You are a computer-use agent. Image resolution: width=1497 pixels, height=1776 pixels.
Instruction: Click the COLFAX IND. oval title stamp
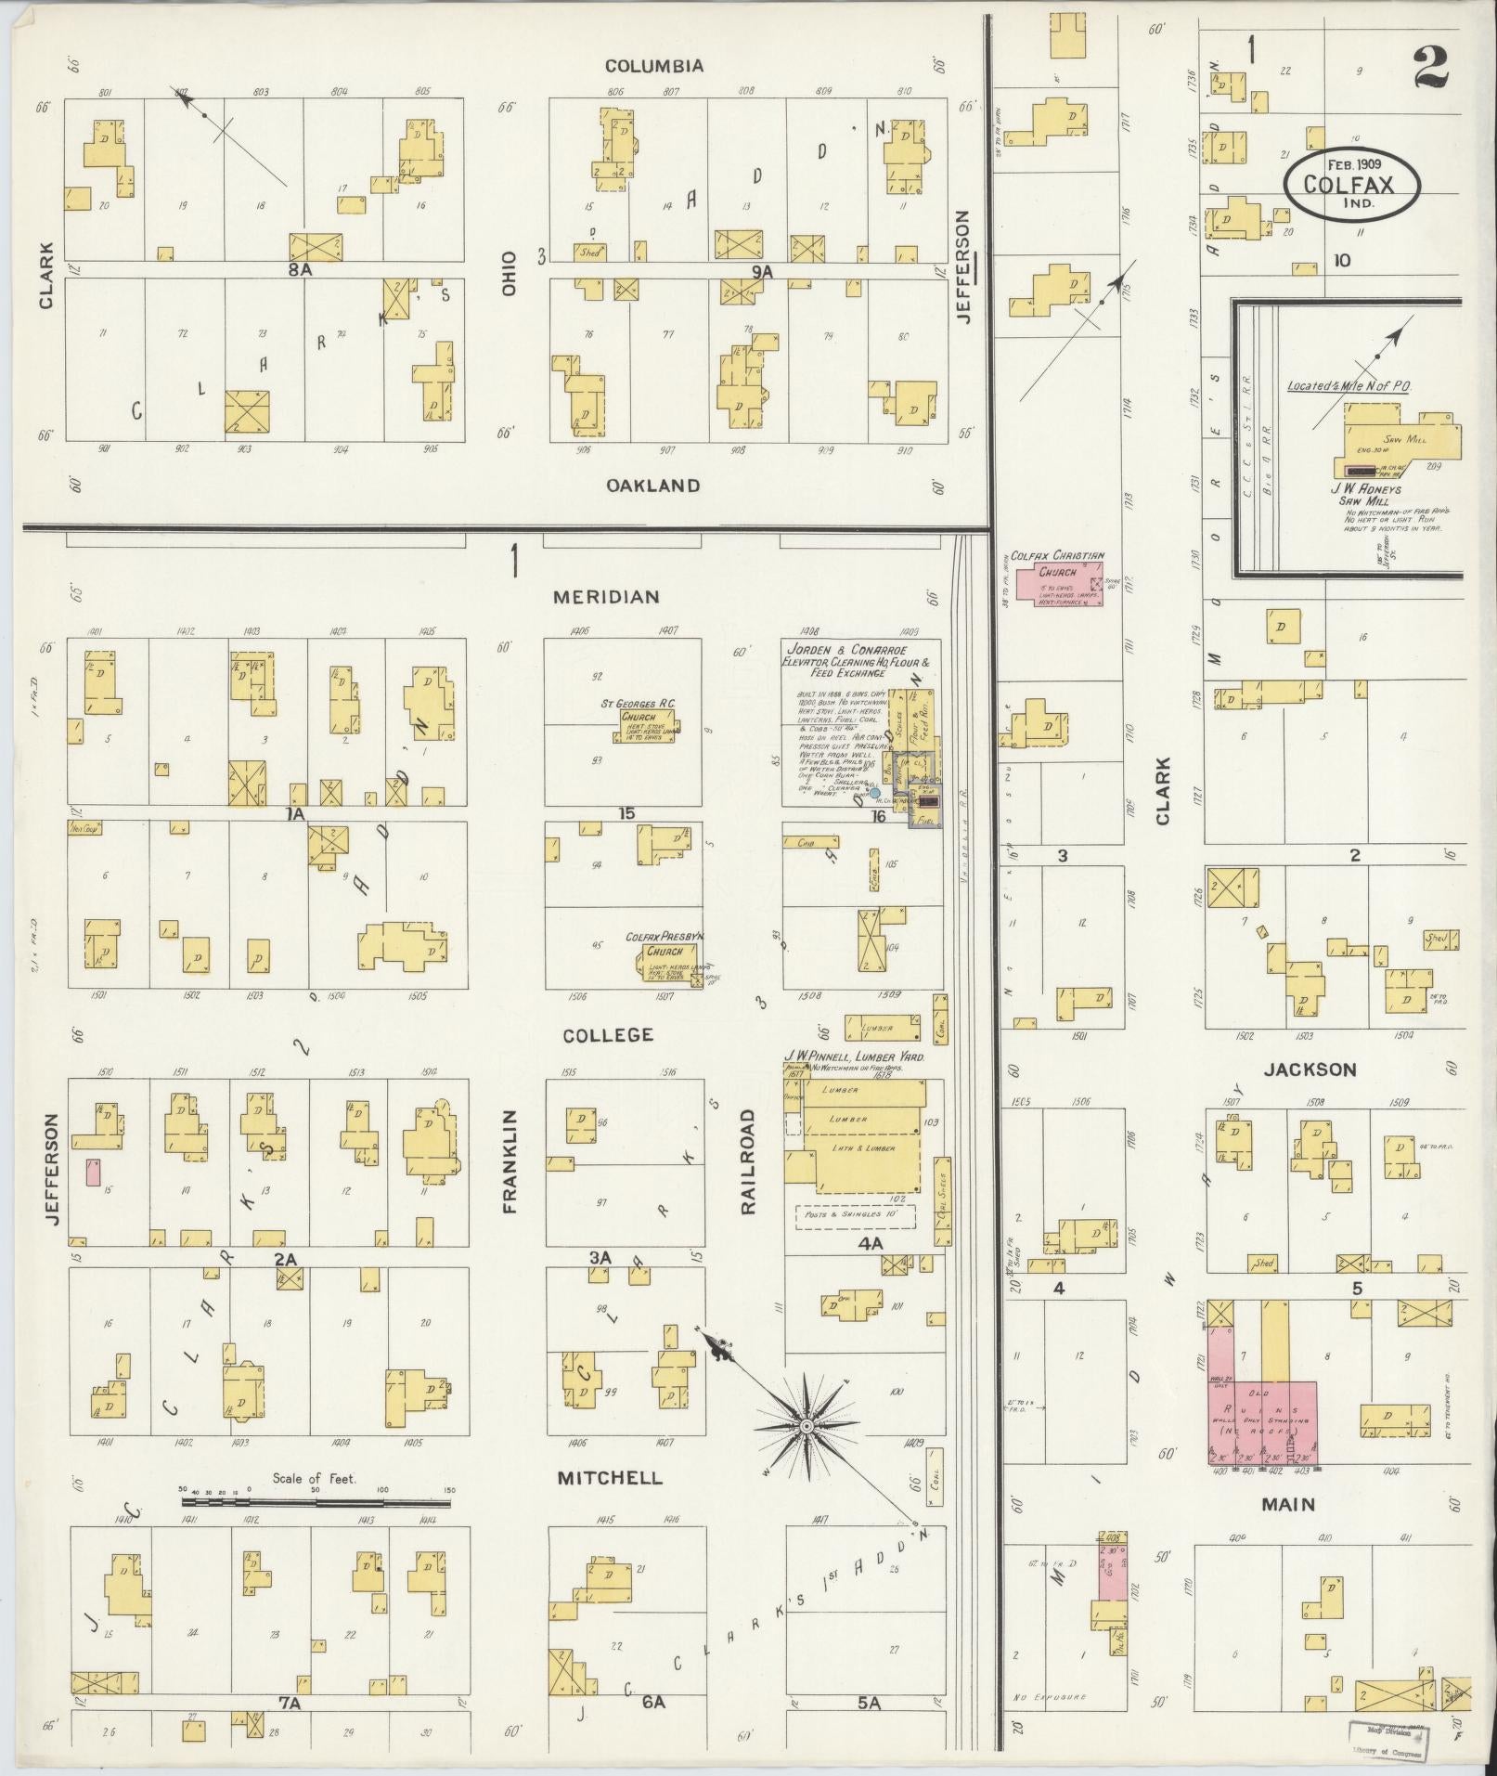click(x=1352, y=184)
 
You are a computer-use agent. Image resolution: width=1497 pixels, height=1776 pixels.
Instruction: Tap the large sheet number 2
click(x=1433, y=67)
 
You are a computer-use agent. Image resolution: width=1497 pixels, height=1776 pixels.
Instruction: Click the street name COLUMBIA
click(x=653, y=66)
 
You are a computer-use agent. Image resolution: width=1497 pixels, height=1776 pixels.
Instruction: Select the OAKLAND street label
click(x=653, y=485)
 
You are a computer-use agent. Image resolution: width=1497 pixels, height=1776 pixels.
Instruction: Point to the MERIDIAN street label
click(x=606, y=597)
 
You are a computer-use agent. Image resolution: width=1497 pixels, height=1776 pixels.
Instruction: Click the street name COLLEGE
click(x=608, y=1034)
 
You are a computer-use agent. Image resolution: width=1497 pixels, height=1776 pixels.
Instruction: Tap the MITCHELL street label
click(x=610, y=1477)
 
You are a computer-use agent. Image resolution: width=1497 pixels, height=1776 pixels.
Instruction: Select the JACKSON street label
click(x=1310, y=1069)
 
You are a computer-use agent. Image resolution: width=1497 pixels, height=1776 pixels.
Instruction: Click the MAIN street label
click(x=1288, y=1504)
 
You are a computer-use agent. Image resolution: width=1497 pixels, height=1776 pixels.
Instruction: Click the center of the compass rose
click(x=806, y=1424)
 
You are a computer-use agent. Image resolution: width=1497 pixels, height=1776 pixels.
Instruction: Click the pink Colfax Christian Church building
click(x=1058, y=586)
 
